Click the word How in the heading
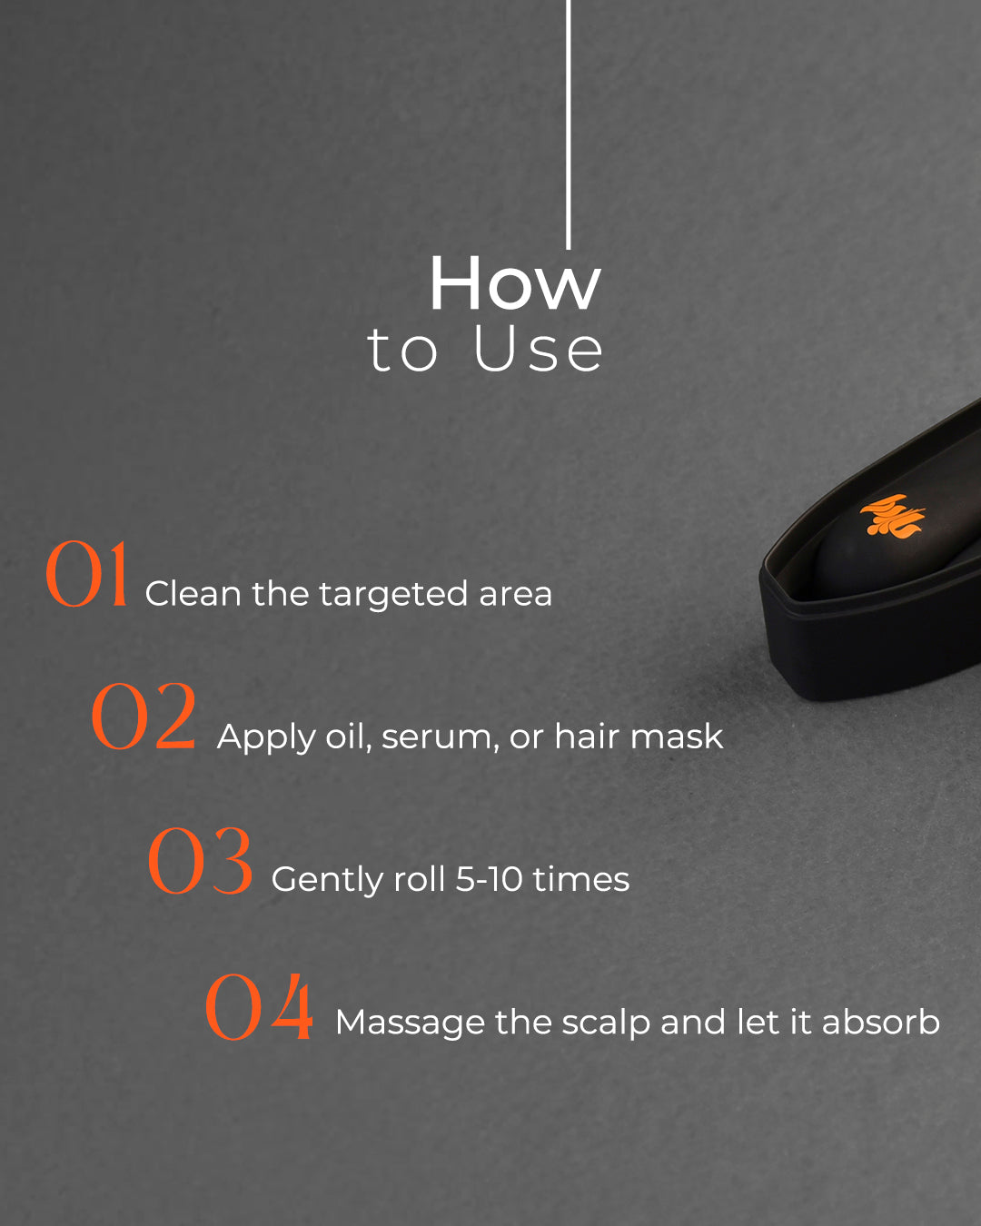click(515, 283)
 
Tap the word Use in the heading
click(538, 349)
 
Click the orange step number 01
click(86, 574)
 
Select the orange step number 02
click(144, 717)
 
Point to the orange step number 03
click(200, 861)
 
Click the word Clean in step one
click(193, 594)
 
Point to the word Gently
click(327, 881)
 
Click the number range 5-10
click(489, 879)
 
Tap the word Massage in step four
click(410, 1023)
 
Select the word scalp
click(606, 1023)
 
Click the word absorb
click(881, 1022)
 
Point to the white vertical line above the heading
click(568, 124)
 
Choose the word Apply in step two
click(266, 738)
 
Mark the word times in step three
click(580, 879)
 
